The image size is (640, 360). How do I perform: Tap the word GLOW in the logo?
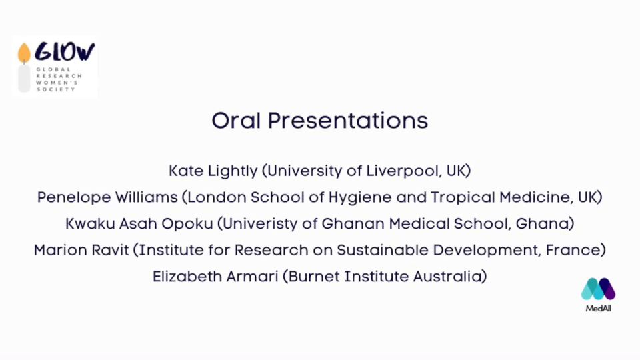pyautogui.click(x=65, y=52)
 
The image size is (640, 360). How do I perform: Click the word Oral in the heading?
pyautogui.click(x=236, y=121)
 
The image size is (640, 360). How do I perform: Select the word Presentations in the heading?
pyautogui.click(x=348, y=121)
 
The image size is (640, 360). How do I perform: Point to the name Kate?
pyautogui.click(x=186, y=171)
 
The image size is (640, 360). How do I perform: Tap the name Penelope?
pyautogui.click(x=74, y=197)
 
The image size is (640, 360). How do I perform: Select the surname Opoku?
pyautogui.click(x=187, y=224)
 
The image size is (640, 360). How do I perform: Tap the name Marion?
pyautogui.click(x=61, y=250)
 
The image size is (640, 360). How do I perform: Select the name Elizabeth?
pyautogui.click(x=187, y=277)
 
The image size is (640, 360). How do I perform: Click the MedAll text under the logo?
pyautogui.click(x=599, y=309)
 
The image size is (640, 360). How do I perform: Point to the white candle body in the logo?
pyautogui.click(x=24, y=79)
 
